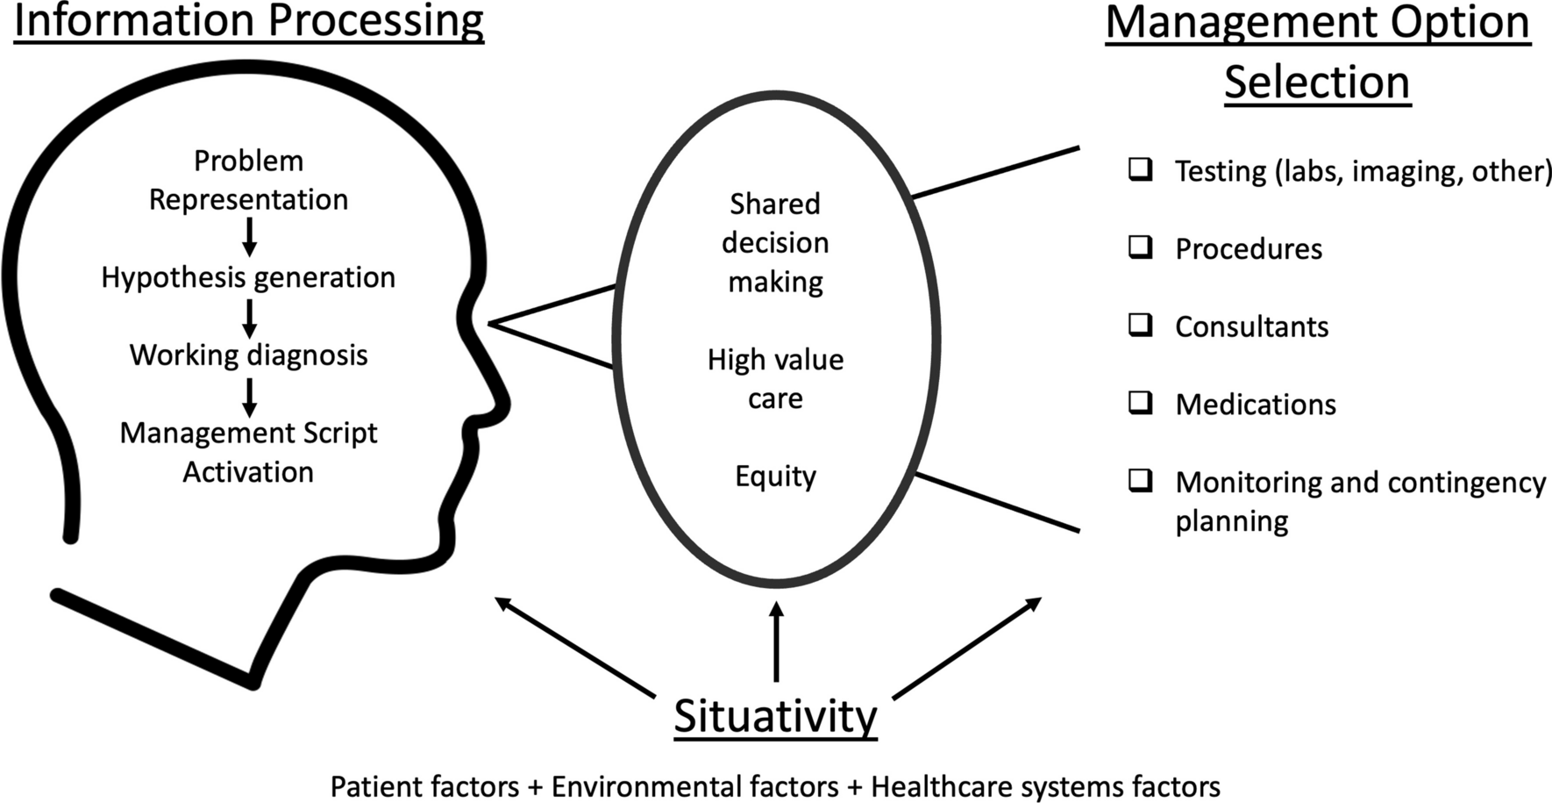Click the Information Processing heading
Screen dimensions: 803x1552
(249, 21)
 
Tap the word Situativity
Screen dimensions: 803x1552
(775, 716)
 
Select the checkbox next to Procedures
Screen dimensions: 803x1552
(1140, 247)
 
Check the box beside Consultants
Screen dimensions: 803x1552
(1140, 326)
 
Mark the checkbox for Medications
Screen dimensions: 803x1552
(1140, 403)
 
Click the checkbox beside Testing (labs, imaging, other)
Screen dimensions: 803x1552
(1140, 169)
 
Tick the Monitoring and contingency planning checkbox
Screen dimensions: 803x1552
(1140, 481)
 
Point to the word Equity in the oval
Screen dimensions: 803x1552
(775, 476)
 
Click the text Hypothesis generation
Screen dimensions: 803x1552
(248, 277)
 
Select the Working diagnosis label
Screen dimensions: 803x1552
(248, 355)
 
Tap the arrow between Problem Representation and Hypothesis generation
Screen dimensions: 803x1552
(249, 237)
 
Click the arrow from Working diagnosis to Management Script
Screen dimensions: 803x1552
(249, 398)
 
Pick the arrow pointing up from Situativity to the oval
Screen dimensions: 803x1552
(776, 641)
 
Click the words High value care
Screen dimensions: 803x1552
(775, 378)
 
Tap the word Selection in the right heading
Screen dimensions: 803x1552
(1317, 82)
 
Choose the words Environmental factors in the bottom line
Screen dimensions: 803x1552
(694, 786)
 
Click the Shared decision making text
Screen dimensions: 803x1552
(775, 242)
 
